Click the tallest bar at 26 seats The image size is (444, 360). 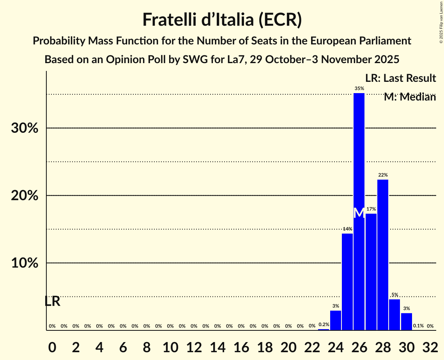[x=359, y=171]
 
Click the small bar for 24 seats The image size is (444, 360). [x=336, y=320]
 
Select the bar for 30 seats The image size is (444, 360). [x=406, y=321]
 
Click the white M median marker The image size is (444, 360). [x=359, y=213]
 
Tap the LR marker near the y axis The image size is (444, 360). [x=52, y=301]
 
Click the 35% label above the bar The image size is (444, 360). [x=359, y=88]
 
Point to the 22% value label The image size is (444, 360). [x=383, y=175]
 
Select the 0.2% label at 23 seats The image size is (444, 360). [x=324, y=325]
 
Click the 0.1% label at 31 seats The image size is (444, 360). [x=418, y=326]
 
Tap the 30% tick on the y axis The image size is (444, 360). [x=25, y=128]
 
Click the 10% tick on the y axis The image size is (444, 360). [x=25, y=263]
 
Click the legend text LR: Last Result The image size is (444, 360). [x=400, y=78]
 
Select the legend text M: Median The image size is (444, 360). [x=410, y=97]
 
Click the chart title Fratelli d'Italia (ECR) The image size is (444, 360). [x=222, y=19]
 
